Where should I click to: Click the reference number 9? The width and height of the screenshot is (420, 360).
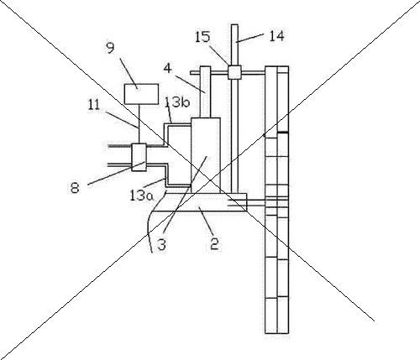[110, 48]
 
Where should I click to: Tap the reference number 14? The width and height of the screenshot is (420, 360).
[276, 36]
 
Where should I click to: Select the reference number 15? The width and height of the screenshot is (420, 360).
[202, 37]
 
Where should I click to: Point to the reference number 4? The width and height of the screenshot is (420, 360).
[167, 68]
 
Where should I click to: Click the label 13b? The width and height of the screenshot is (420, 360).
[177, 102]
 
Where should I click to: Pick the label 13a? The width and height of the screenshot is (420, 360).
[142, 196]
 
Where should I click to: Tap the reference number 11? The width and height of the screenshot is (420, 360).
[94, 105]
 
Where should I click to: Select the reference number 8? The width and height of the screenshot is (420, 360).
[75, 187]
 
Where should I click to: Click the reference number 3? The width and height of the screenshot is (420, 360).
[161, 244]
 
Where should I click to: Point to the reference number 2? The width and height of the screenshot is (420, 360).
[214, 243]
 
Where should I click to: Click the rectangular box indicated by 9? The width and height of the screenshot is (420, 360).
[141, 94]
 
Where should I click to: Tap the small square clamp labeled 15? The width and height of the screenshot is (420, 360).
[234, 72]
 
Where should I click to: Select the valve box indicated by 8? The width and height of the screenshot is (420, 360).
[139, 157]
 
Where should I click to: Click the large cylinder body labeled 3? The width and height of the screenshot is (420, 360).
[206, 155]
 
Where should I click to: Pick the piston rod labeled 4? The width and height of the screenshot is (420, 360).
[205, 92]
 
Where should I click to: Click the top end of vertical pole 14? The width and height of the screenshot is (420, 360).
[234, 25]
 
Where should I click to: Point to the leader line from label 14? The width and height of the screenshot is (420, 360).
[249, 39]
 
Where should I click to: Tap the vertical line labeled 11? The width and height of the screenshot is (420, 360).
[139, 124]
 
